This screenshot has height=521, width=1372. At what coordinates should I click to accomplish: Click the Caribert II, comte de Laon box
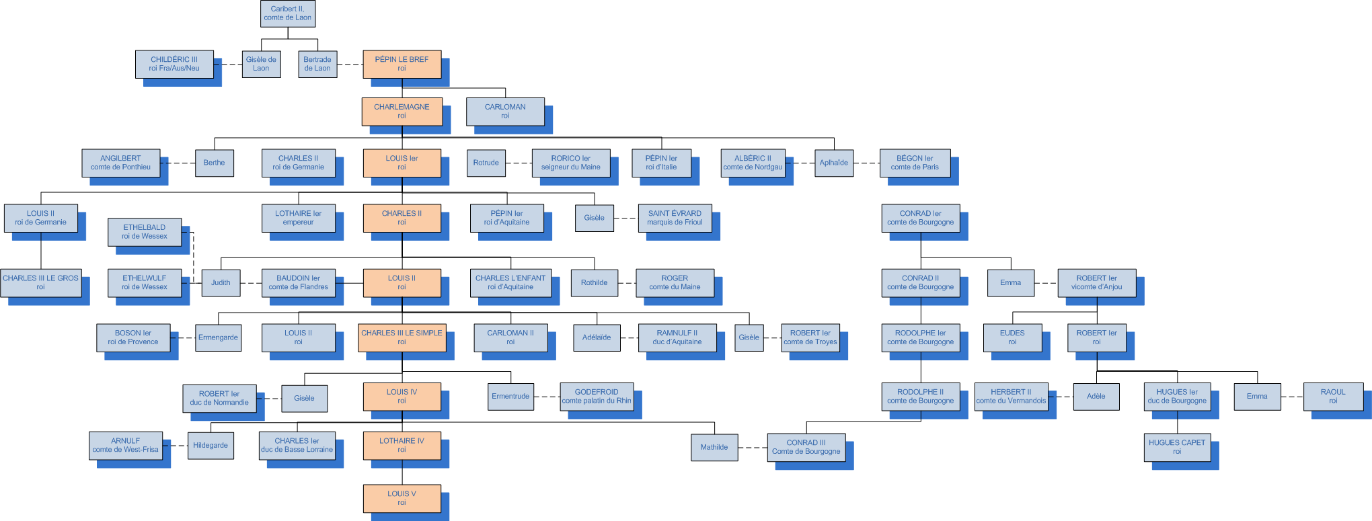[x=288, y=13]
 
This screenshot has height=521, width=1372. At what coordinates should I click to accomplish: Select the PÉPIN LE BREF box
[x=402, y=64]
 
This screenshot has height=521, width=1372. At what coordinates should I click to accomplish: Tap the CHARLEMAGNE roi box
[x=402, y=112]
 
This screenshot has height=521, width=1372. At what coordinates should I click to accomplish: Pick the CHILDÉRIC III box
[x=174, y=64]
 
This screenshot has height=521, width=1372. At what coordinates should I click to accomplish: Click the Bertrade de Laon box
[x=317, y=64]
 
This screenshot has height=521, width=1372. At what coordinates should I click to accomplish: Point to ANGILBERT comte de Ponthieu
[x=121, y=163]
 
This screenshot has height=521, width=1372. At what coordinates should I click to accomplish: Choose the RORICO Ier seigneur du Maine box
[x=571, y=163]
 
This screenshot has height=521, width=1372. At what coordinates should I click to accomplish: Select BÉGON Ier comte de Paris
[x=915, y=163]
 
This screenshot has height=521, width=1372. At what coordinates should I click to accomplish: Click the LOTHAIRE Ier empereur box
[x=299, y=218]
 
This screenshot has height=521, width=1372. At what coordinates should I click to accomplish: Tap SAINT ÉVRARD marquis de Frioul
[x=675, y=218]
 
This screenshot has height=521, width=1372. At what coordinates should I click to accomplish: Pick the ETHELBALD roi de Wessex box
[x=145, y=232]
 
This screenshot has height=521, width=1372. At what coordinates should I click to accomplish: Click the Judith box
[x=221, y=282]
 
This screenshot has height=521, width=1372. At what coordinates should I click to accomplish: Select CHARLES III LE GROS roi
[x=40, y=282]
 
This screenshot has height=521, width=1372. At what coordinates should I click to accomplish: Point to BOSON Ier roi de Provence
[x=133, y=337]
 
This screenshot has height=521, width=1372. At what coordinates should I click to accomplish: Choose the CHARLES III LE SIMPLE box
[x=402, y=337]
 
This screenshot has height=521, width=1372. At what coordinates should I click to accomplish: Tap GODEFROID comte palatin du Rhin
[x=597, y=397]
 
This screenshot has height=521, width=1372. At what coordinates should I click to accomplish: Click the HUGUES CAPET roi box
[x=1177, y=447]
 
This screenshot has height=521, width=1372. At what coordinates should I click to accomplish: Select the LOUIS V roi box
[x=402, y=498]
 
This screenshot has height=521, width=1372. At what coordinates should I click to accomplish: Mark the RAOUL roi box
[x=1333, y=397]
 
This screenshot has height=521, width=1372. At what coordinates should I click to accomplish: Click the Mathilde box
[x=714, y=447]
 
